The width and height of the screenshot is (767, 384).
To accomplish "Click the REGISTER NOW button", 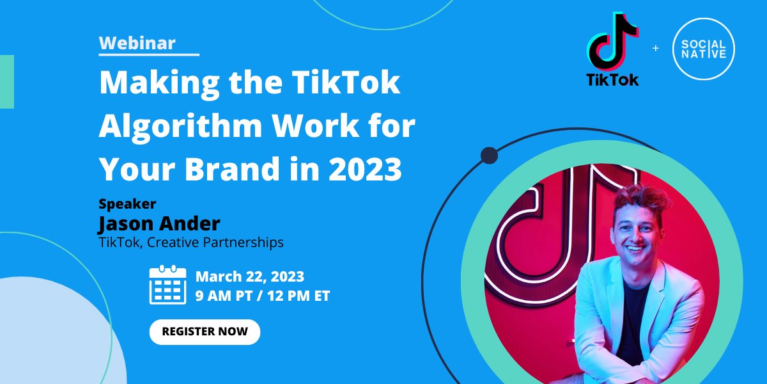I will point(205,332).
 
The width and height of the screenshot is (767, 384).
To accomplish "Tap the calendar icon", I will point(167,285).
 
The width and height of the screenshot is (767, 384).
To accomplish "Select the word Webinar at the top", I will point(137,43).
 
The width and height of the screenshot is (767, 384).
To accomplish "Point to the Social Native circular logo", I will point(703,49).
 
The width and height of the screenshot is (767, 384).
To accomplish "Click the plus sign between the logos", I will point(655,49).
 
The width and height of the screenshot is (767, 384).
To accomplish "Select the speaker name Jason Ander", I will point(159,223).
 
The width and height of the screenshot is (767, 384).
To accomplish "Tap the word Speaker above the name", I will point(127,204).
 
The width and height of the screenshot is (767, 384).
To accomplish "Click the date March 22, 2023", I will point(249,277).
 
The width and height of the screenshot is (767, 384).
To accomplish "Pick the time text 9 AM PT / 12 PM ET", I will point(262,296).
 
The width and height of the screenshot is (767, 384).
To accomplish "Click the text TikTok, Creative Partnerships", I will point(190,243).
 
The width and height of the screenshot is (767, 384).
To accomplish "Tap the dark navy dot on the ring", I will point(489,155).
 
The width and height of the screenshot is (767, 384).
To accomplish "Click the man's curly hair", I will point(633,195).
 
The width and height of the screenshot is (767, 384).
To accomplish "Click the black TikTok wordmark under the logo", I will point(612,80).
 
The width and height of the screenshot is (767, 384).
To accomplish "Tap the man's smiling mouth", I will point(634,248).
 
